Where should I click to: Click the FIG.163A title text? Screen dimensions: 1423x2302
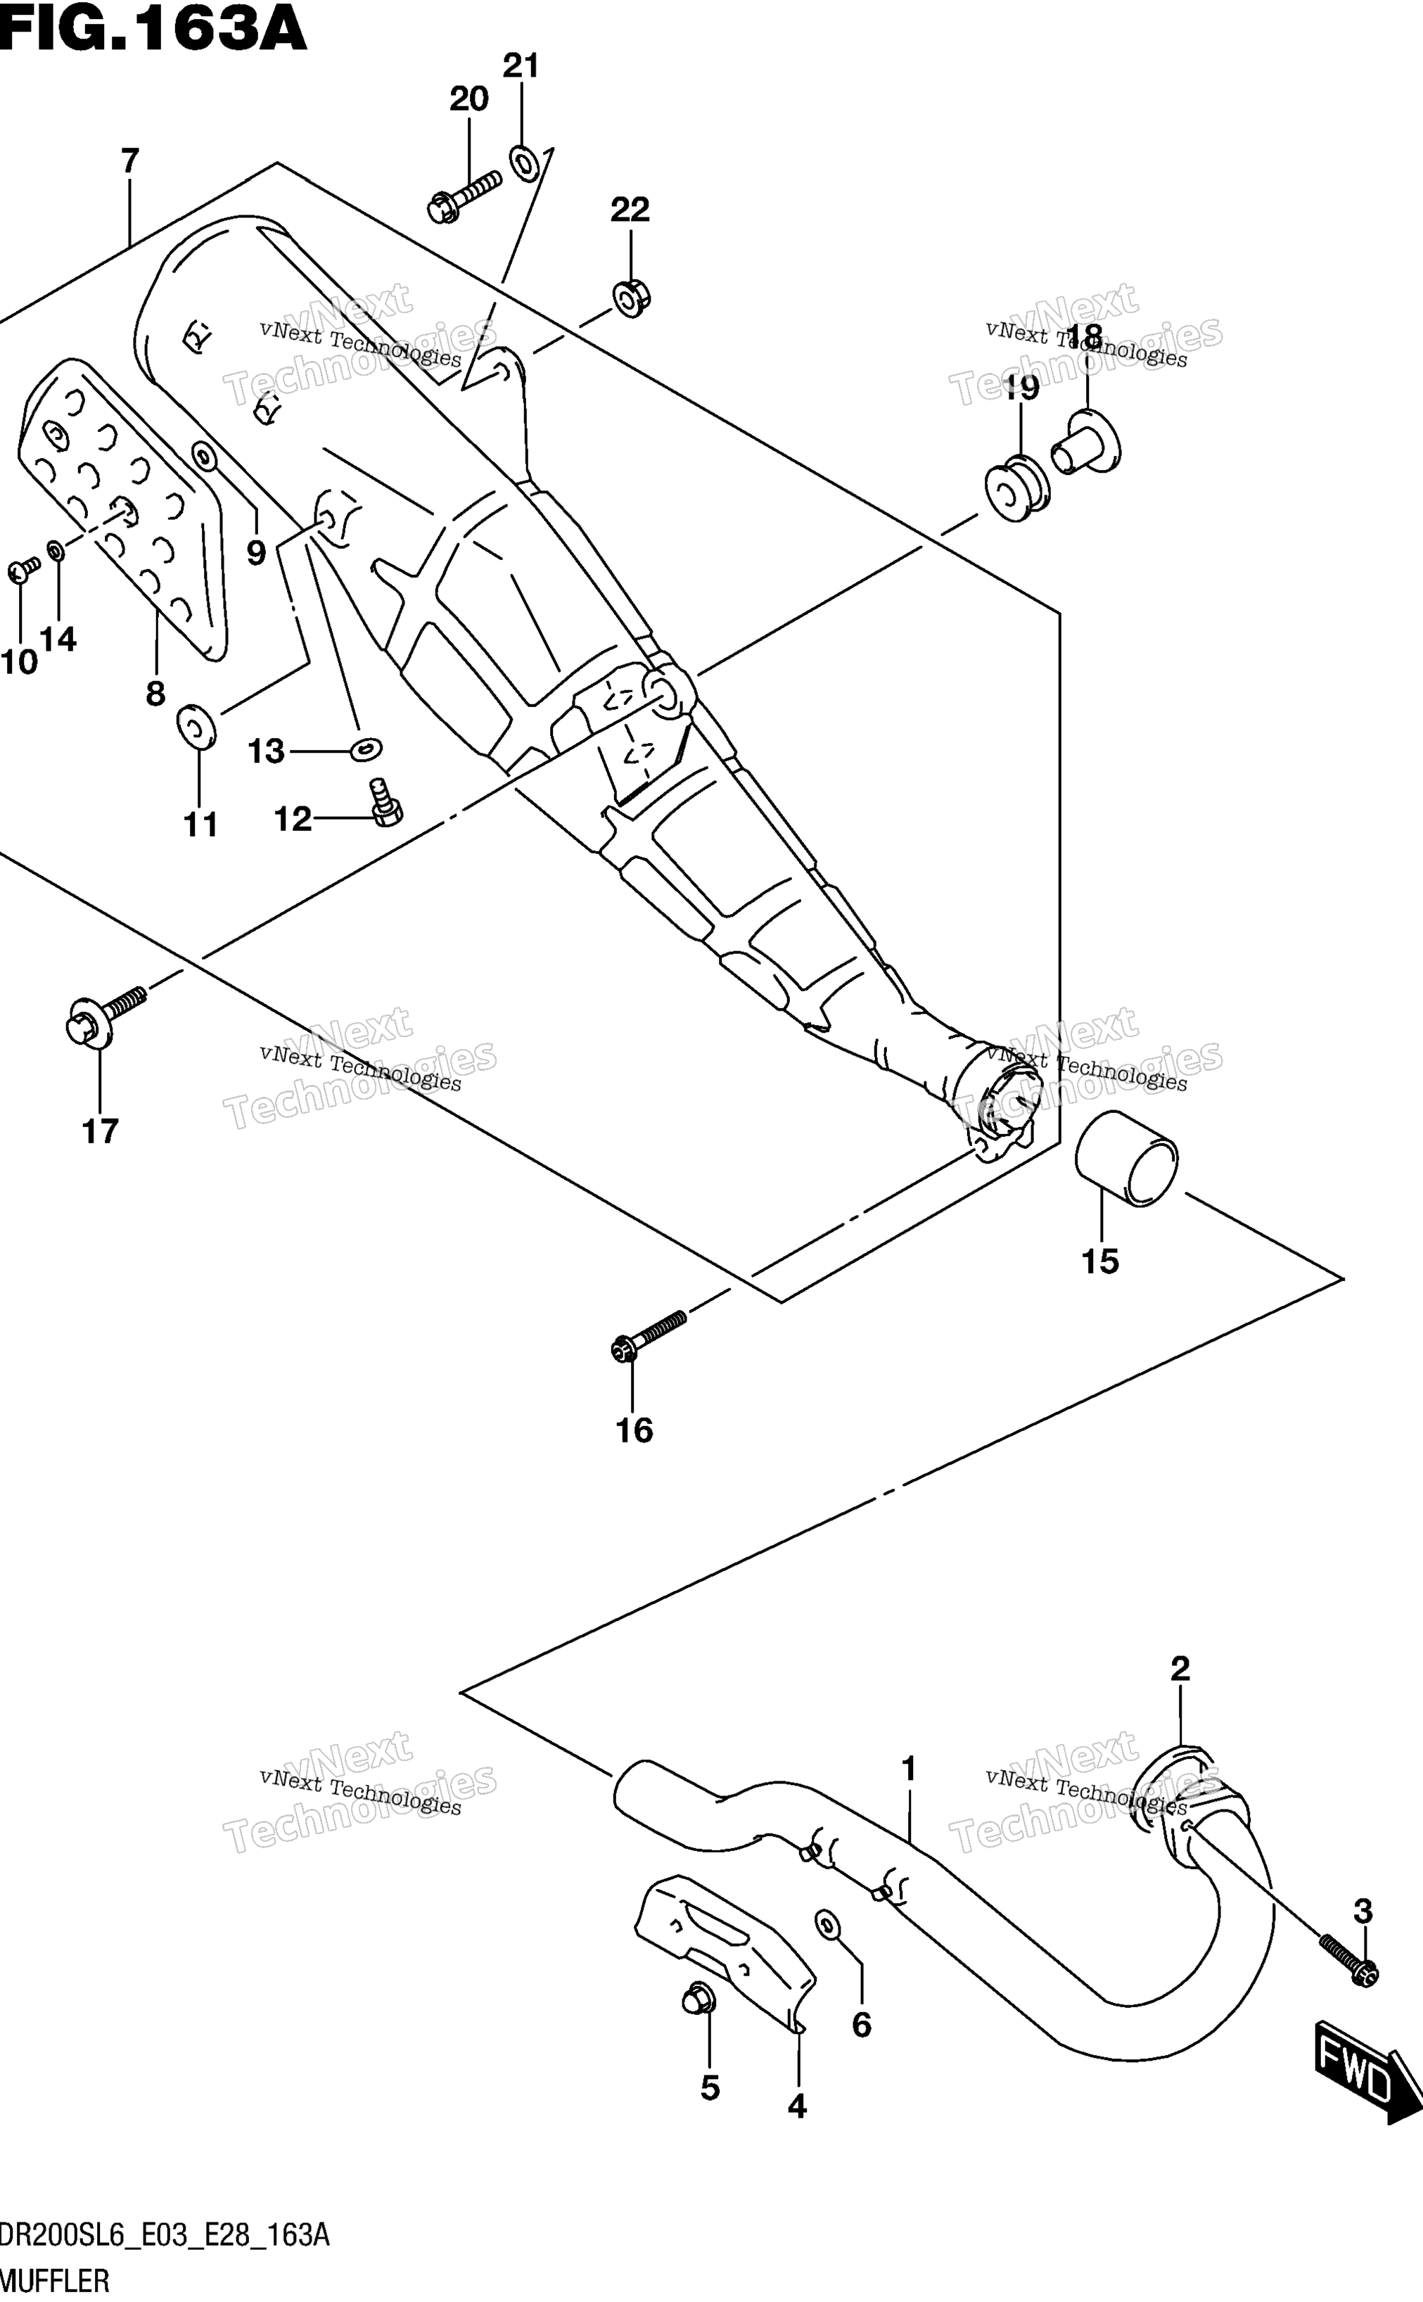153,28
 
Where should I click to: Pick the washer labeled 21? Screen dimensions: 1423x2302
524,163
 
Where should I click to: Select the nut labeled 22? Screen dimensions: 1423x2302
632,298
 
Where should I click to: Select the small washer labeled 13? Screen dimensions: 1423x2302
366,749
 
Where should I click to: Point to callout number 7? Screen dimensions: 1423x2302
130,161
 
